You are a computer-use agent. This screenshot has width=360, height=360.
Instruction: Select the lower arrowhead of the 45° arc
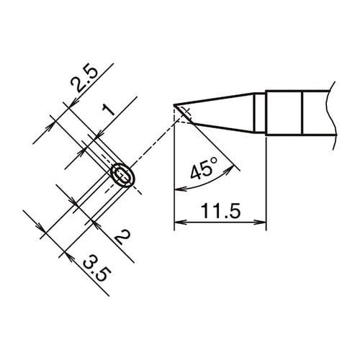[x=179, y=189]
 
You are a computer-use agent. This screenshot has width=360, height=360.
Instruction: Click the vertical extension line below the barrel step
[x=266, y=180]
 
